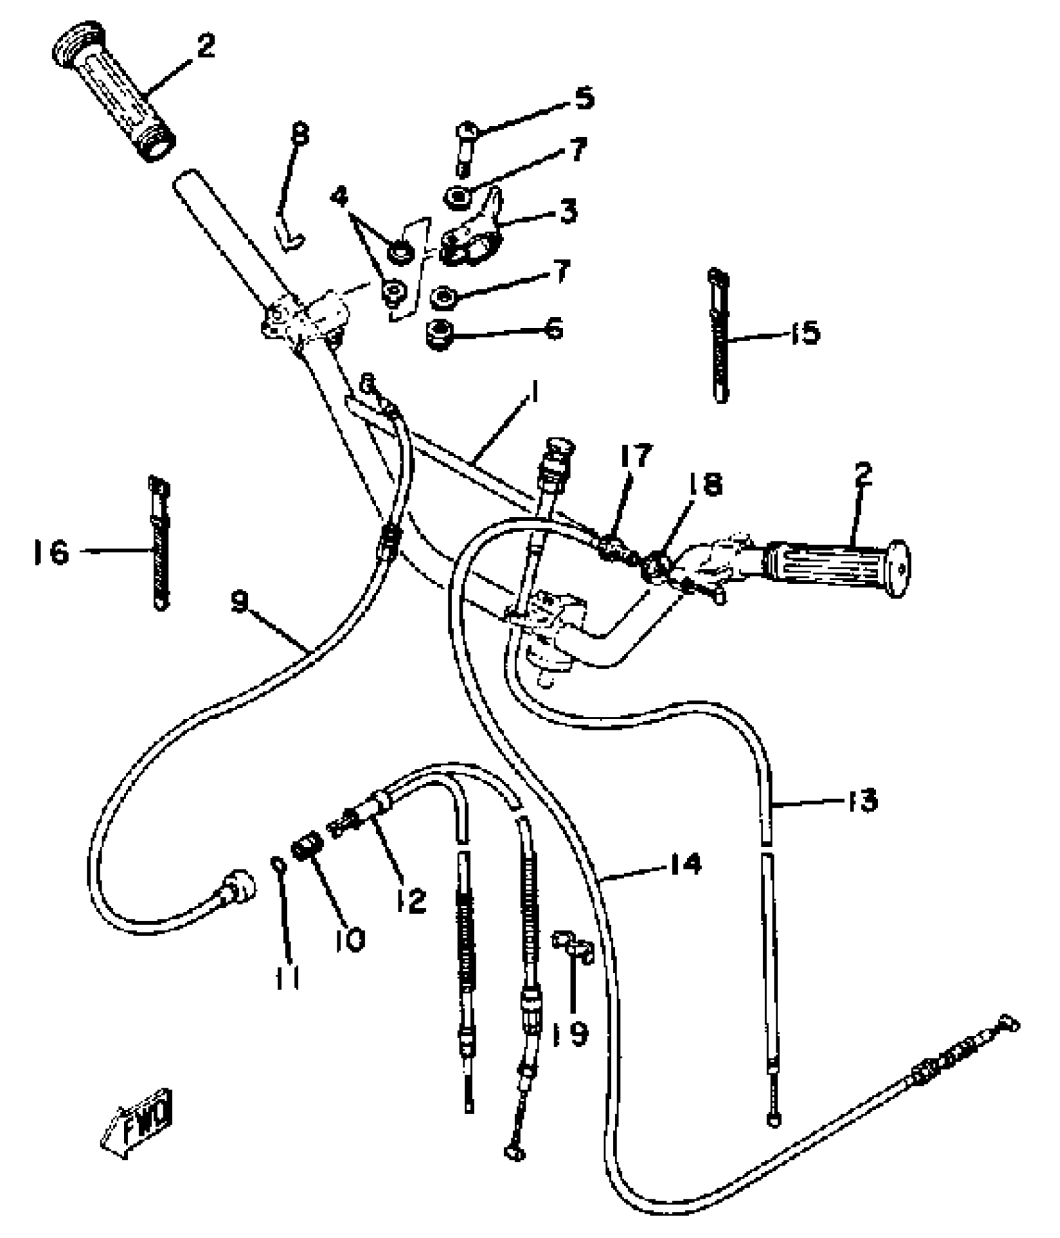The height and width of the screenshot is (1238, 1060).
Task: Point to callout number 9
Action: [240, 602]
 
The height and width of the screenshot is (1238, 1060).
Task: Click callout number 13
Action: [862, 800]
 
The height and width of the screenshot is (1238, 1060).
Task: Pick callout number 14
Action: [685, 864]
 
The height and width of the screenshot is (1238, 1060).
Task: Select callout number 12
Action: [411, 900]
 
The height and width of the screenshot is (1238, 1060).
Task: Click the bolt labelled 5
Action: [465, 150]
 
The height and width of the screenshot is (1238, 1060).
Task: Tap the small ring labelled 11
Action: [277, 865]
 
